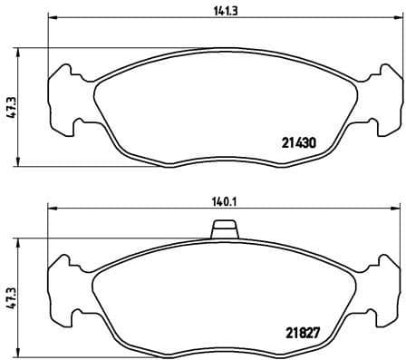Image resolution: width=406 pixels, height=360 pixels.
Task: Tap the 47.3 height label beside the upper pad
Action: tap(9, 107)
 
